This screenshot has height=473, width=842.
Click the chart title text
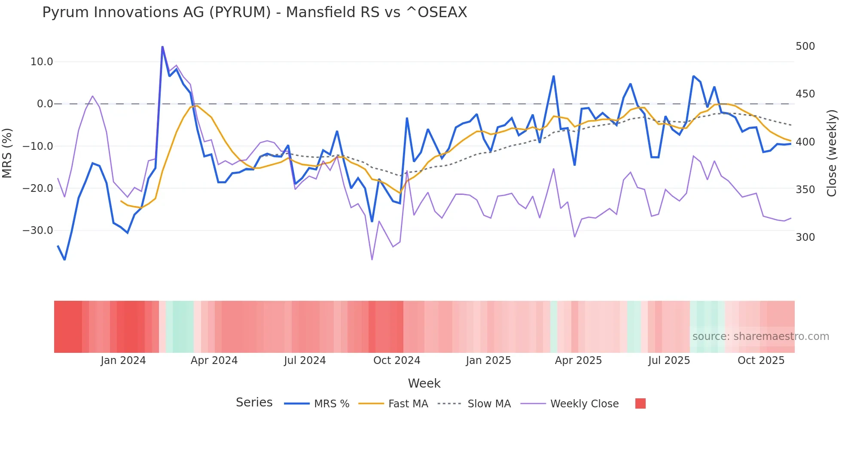[254, 12]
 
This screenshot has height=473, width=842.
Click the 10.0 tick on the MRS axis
[42, 62]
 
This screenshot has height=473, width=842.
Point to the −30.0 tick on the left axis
[38, 230]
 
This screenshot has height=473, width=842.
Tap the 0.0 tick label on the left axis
[45, 104]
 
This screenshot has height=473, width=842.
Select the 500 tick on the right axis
[805, 46]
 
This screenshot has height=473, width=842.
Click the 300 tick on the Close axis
[805, 237]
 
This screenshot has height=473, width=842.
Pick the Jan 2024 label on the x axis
[123, 361]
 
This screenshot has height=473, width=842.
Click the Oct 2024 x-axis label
[397, 361]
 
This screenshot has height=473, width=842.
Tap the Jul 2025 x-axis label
[669, 361]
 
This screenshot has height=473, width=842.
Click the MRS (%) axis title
[7, 153]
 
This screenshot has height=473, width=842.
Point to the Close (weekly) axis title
[832, 153]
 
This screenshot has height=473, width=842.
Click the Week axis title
[424, 383]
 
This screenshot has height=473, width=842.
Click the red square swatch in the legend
[640, 403]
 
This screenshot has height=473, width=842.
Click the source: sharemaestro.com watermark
[760, 337]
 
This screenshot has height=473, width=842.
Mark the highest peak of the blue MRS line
[162, 47]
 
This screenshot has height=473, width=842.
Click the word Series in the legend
[254, 403]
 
